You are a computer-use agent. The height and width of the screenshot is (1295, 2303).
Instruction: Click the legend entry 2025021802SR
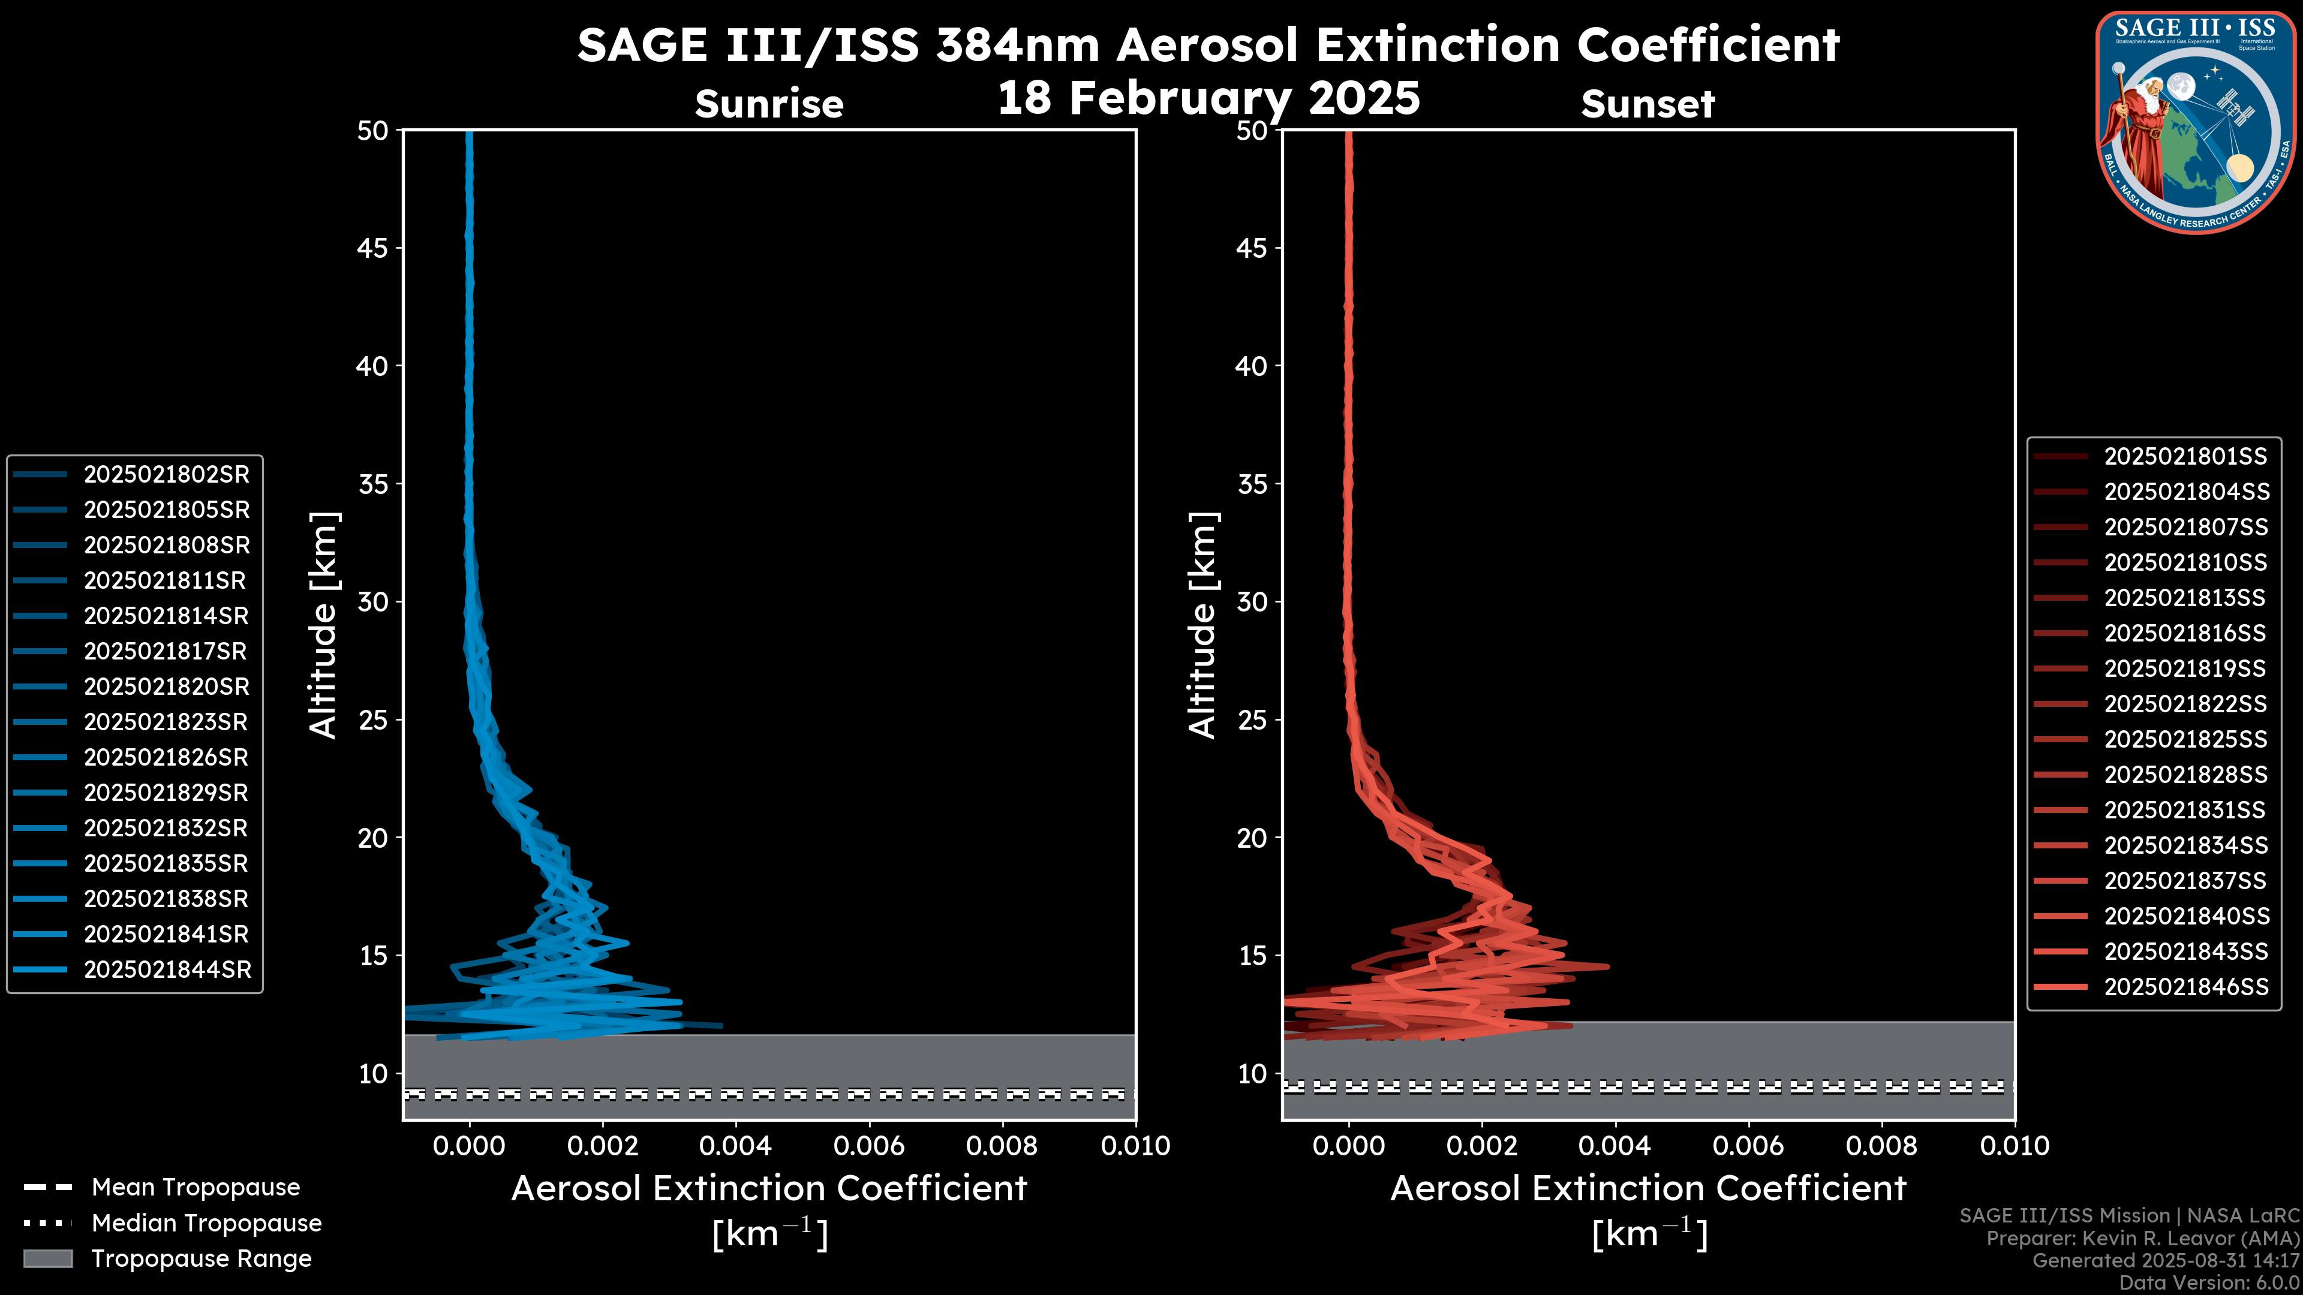166,475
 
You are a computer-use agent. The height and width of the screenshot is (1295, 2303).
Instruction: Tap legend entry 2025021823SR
166,722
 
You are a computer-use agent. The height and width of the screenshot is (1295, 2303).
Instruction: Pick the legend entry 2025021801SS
2185,457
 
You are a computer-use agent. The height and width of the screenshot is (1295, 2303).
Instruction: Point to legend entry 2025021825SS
2185,739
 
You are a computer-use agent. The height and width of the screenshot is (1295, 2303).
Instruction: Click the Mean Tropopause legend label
196,1187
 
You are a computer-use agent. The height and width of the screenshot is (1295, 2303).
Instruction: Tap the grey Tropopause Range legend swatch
48,1258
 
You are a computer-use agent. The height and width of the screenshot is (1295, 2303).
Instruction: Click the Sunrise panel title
769,104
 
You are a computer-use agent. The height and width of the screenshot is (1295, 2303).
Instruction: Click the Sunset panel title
1647,104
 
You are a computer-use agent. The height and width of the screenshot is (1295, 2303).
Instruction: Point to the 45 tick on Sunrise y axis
373,248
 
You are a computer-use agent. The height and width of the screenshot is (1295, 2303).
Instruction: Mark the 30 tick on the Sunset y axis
1252,601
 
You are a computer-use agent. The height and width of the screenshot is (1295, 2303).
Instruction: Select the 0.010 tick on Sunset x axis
2015,1146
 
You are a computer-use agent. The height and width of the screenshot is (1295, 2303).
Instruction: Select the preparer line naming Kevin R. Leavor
2142,1238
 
